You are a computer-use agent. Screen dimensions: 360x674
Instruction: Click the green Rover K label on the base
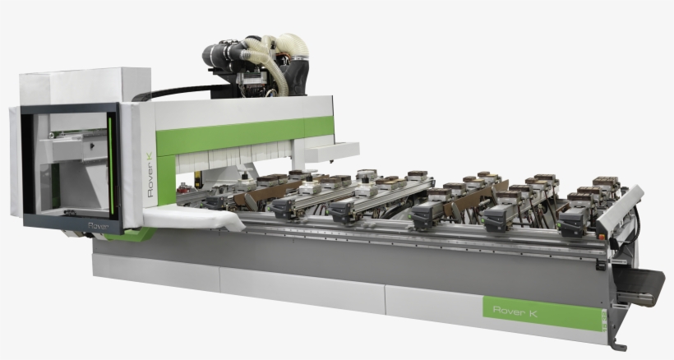tap(543, 311)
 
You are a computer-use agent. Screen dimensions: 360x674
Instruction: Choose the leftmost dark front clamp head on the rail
tap(284, 207)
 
